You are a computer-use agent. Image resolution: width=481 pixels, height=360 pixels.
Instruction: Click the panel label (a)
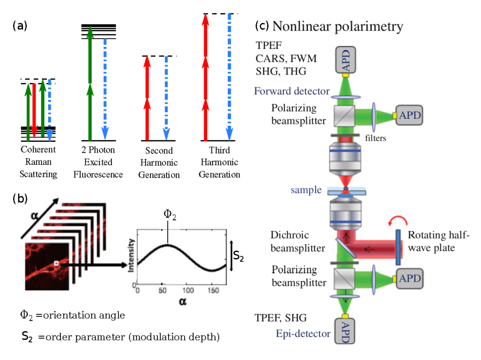(x=20, y=26)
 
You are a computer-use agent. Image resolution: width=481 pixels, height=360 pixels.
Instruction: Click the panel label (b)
(x=20, y=199)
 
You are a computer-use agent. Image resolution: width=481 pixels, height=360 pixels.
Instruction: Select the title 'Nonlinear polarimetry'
(x=337, y=26)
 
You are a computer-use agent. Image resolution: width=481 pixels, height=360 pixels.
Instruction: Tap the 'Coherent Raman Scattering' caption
(x=38, y=162)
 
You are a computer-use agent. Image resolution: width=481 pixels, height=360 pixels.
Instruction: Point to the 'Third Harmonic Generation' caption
(x=219, y=162)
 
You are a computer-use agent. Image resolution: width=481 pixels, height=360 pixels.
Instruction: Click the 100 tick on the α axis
(x=187, y=291)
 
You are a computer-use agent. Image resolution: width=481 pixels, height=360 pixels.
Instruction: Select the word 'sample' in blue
(x=306, y=190)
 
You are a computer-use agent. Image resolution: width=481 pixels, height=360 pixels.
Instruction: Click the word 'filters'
(x=375, y=138)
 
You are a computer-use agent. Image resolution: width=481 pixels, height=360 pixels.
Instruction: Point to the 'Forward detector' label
(x=292, y=91)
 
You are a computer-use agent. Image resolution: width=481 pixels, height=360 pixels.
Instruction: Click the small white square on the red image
(x=56, y=264)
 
